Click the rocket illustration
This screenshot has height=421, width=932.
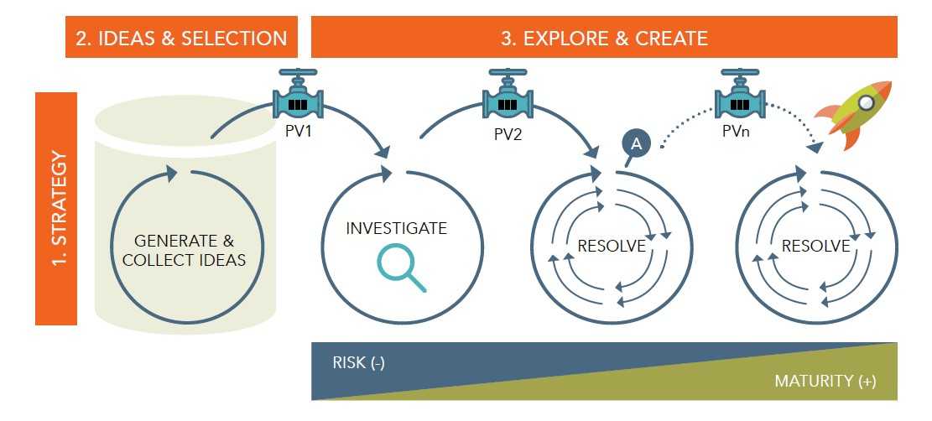854,113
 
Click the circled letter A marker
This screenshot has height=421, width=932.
636,143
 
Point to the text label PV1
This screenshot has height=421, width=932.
298,131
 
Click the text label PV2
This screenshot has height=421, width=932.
508,134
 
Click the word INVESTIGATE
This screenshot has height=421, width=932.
397,228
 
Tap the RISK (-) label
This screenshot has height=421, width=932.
358,363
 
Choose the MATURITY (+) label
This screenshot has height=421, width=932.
825,381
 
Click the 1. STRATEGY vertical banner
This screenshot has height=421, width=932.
56,209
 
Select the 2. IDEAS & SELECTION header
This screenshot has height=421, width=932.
181,37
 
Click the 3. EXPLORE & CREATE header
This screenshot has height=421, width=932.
604,37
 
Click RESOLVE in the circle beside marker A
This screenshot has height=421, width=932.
612,246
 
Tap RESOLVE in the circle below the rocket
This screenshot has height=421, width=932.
815,246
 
